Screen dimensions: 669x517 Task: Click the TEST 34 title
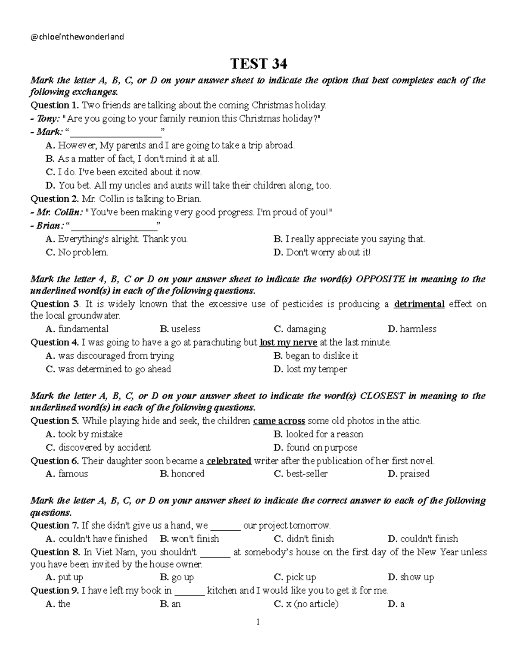tap(258, 64)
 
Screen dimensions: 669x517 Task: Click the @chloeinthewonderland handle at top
tap(78, 37)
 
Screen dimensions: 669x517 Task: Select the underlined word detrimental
tap(419, 304)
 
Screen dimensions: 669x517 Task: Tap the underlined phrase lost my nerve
tap(288, 342)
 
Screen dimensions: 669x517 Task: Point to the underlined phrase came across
tap(279, 421)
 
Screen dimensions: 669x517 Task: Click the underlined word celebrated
tap(229, 461)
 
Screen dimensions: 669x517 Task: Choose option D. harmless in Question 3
tap(412, 329)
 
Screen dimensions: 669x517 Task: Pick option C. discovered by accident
tap(98, 448)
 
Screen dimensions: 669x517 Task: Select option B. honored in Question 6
tap(182, 474)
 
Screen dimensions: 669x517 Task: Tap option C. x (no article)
tap(306, 604)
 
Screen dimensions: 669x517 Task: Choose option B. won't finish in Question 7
tap(190, 539)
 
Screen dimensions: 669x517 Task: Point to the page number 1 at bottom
tap(258, 622)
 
